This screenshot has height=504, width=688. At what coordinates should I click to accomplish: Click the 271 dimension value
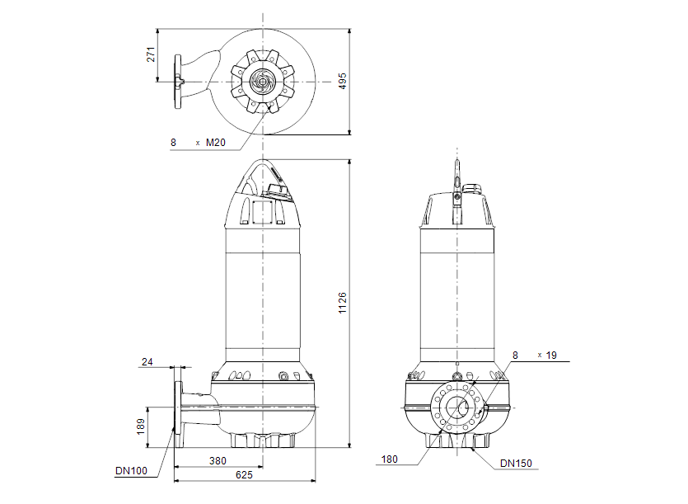pyautogui.click(x=150, y=54)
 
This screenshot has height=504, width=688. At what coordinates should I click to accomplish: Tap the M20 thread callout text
pyautogui.click(x=215, y=143)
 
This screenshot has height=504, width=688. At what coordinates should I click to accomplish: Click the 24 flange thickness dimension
pyautogui.click(x=147, y=362)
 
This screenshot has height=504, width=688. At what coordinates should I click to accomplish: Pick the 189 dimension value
pyautogui.click(x=141, y=426)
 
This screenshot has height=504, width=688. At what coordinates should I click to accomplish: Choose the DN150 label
pyautogui.click(x=516, y=464)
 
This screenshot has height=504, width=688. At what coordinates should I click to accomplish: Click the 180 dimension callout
pyautogui.click(x=389, y=459)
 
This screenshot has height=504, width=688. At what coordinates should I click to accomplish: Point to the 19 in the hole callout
pyautogui.click(x=552, y=355)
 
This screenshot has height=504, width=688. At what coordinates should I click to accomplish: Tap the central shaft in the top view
pyautogui.click(x=263, y=82)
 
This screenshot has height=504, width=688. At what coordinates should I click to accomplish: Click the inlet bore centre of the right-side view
pyautogui.click(x=456, y=407)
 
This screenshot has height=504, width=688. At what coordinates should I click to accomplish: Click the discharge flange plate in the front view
pyautogui.click(x=177, y=407)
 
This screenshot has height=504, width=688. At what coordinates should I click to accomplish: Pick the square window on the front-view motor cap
pyautogui.click(x=264, y=211)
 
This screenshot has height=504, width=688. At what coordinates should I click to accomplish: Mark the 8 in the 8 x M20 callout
pyautogui.click(x=173, y=143)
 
